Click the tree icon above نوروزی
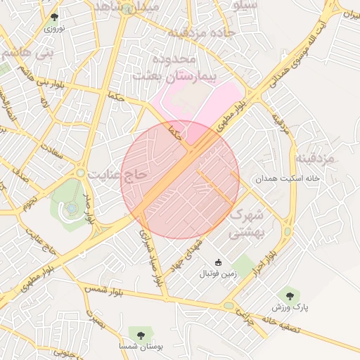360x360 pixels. coord(55,18)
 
